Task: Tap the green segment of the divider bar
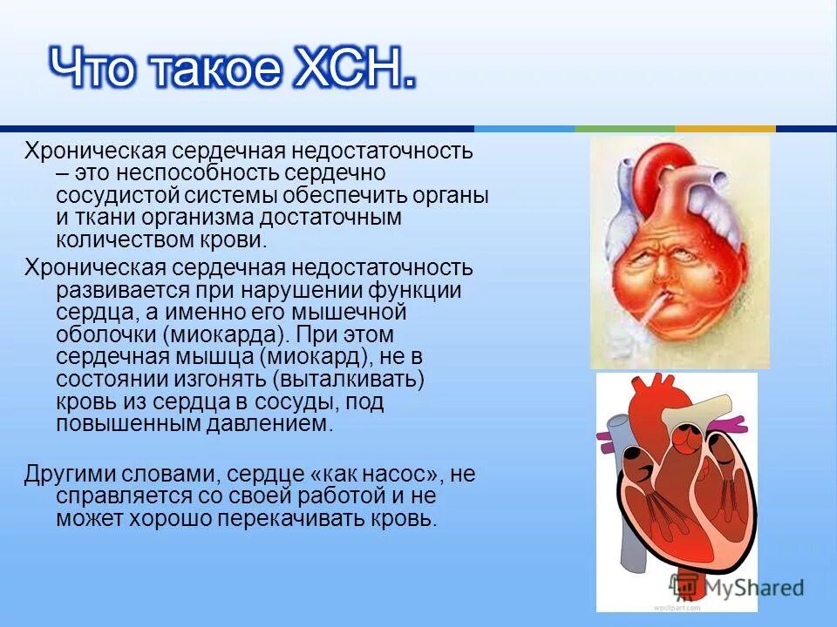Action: (x=624, y=129)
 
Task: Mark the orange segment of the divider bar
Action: (x=725, y=129)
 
